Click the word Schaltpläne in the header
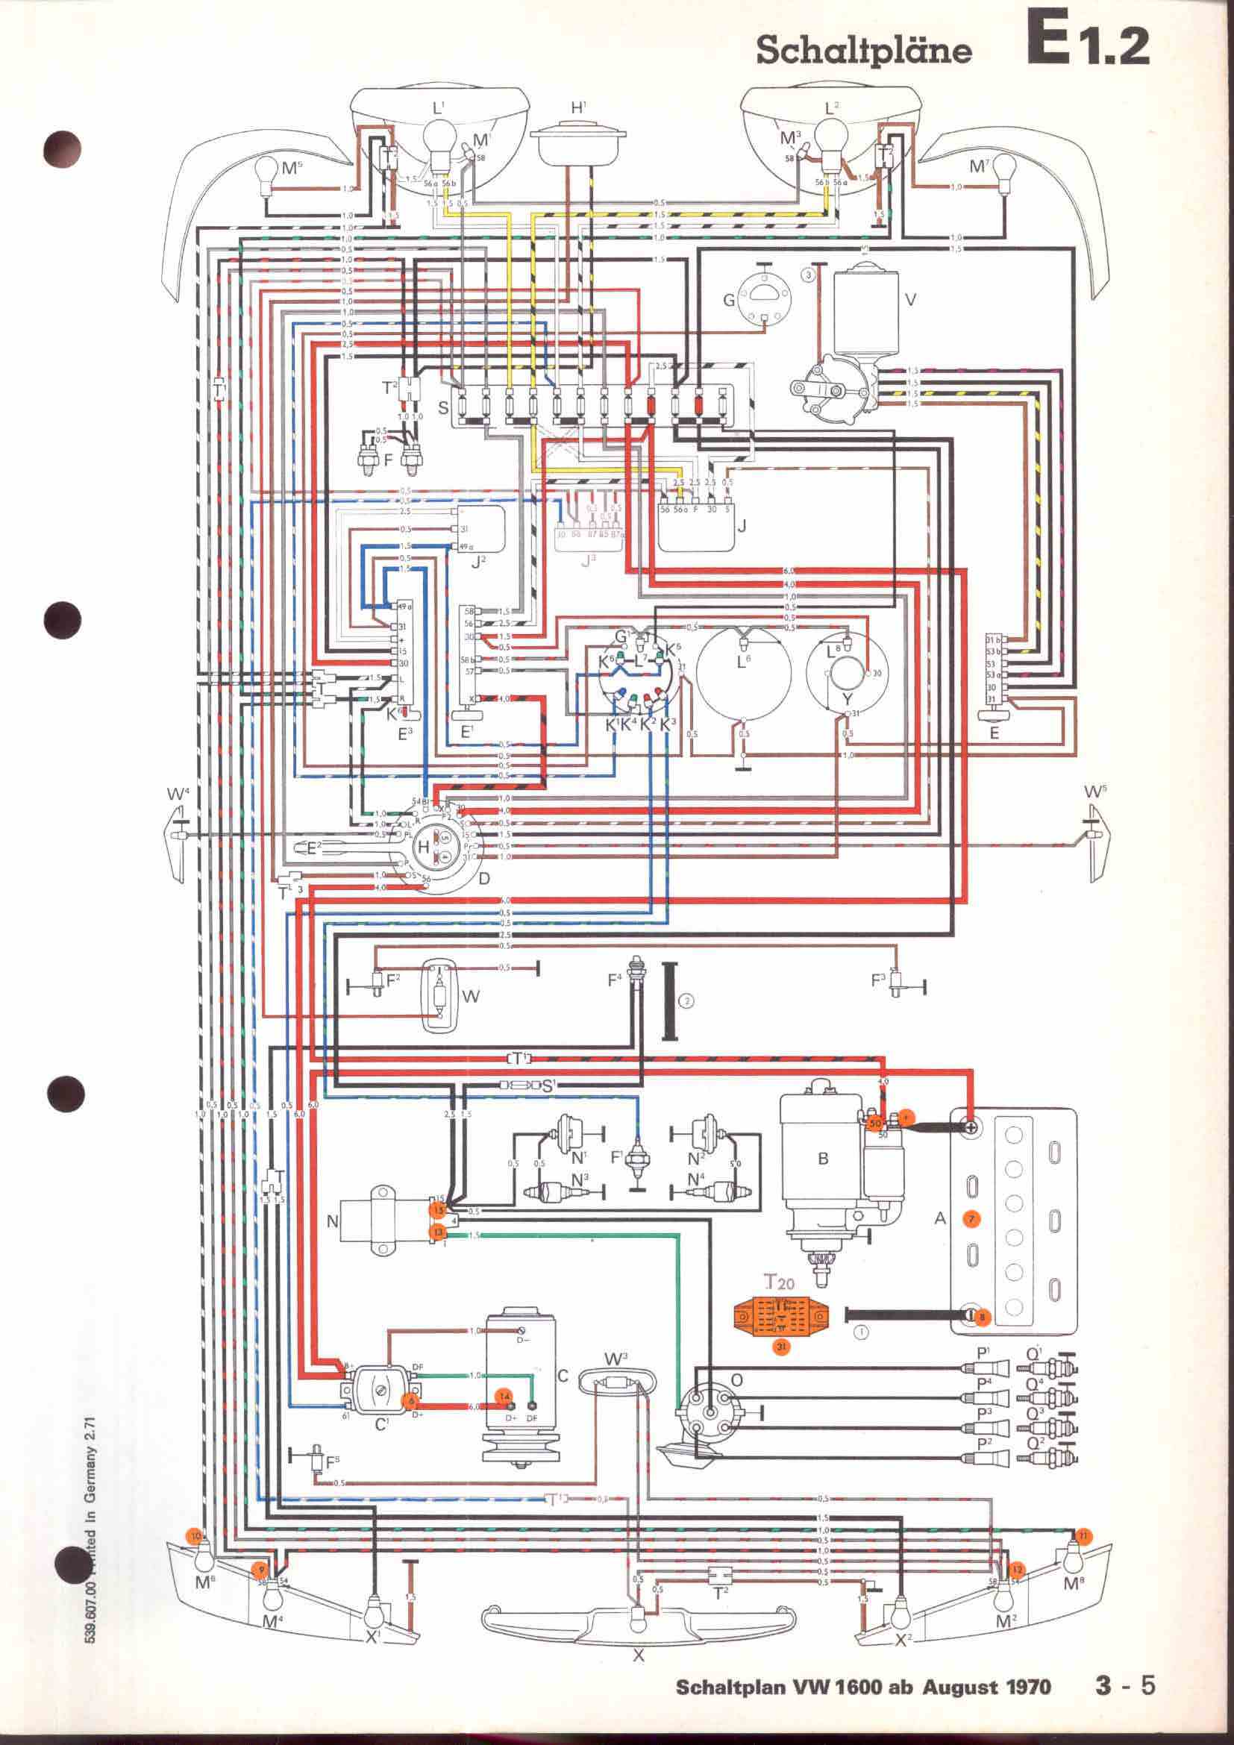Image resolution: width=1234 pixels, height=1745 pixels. [864, 50]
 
